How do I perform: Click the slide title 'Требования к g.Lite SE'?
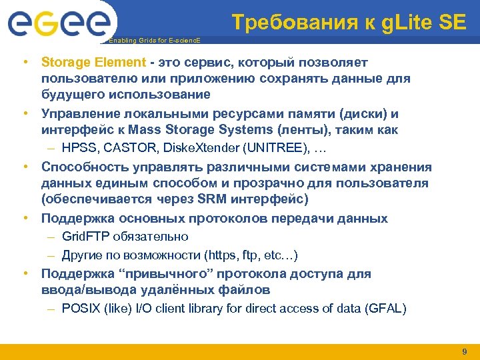[x=349, y=23]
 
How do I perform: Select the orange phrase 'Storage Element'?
[x=93, y=62]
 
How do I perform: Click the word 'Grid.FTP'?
[x=87, y=237]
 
